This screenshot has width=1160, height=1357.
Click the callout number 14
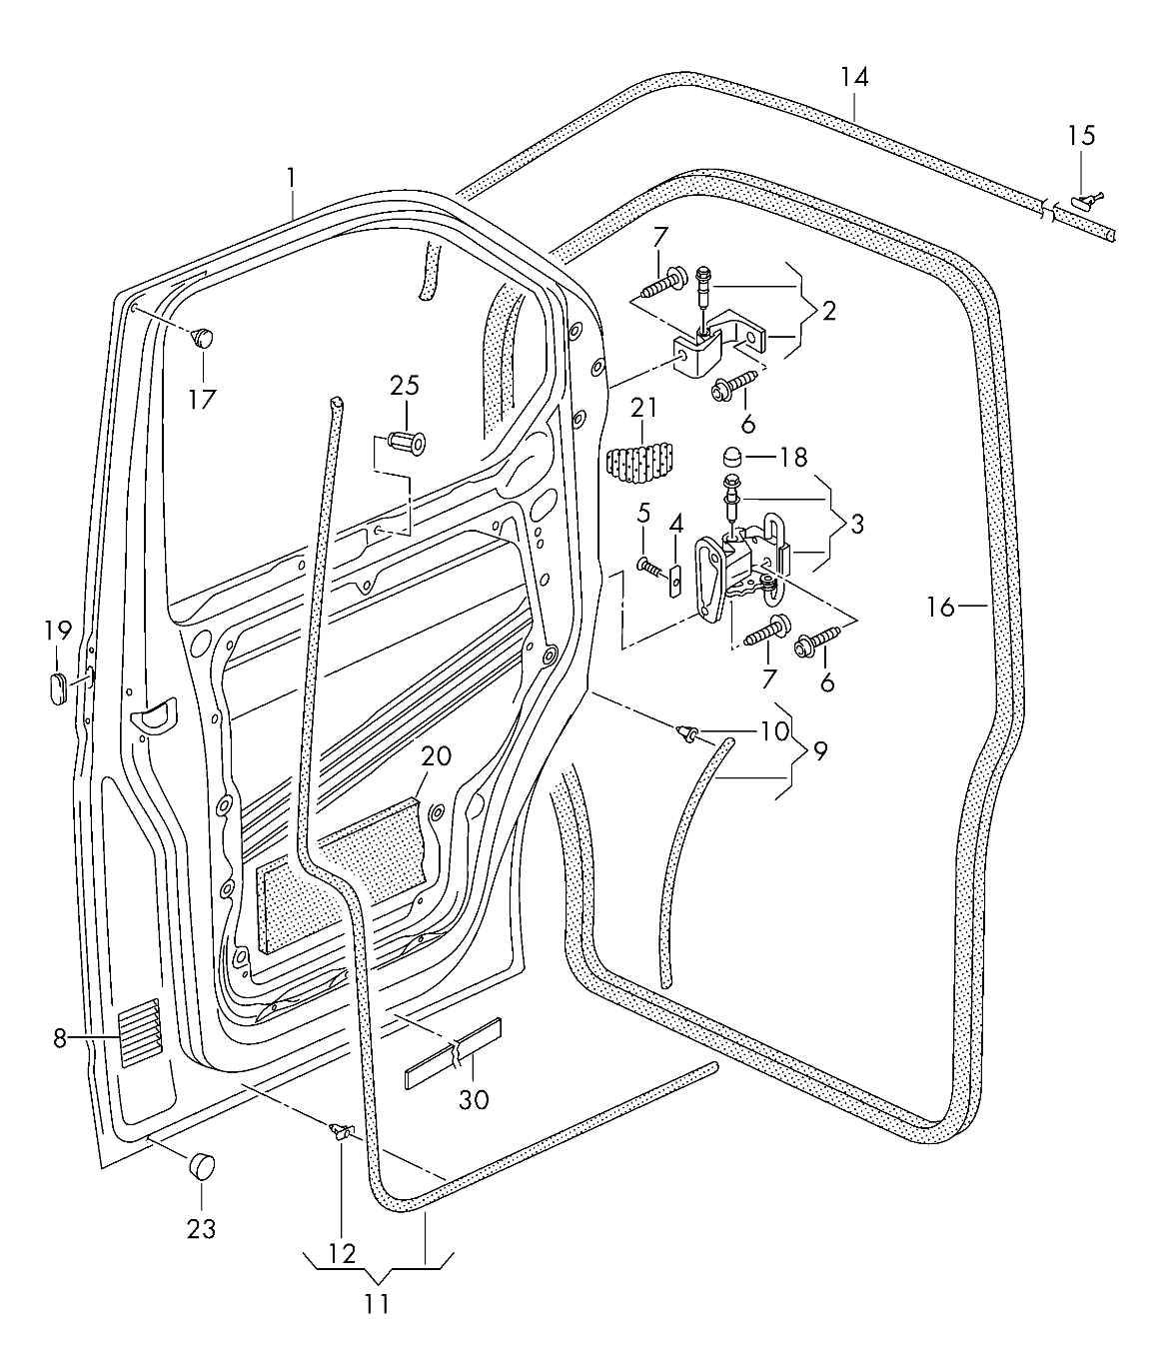854,77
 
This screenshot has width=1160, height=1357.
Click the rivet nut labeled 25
406,440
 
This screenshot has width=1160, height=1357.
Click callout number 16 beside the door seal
940,606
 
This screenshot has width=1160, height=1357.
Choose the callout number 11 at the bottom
377,1304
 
